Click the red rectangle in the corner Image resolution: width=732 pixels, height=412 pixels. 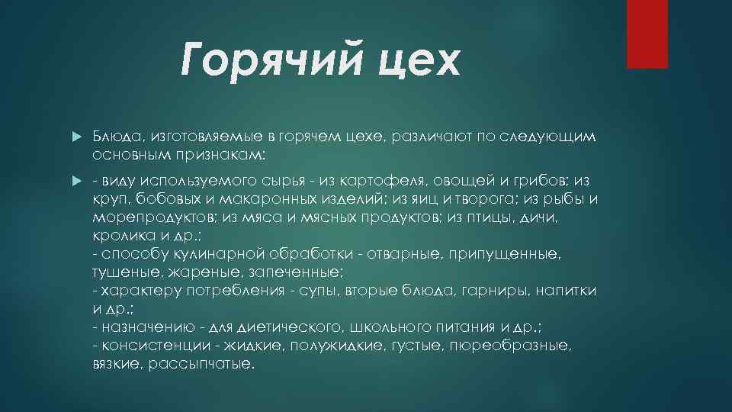click(647, 34)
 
